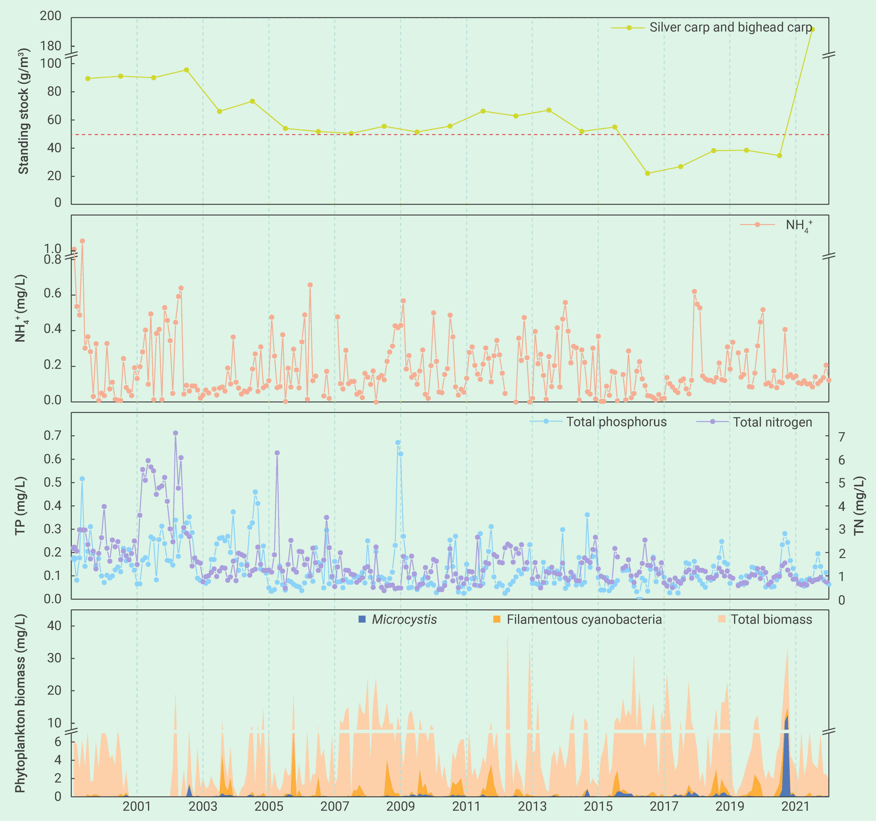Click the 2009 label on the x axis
400,806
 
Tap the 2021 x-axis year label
795,806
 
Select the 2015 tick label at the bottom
598,806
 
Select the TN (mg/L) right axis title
859,506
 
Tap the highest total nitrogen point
175,433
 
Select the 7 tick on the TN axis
842,437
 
